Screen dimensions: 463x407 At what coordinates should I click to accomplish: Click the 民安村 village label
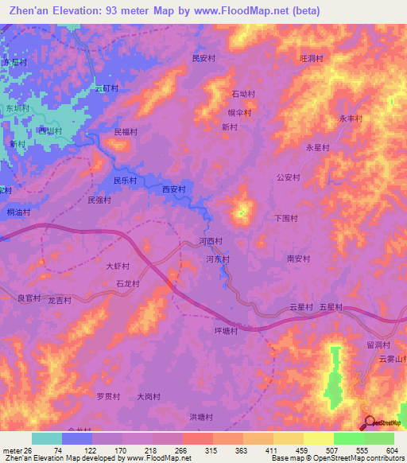point(204,58)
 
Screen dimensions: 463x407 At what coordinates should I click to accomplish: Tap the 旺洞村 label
point(309,58)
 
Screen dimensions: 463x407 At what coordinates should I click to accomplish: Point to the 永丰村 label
point(351,118)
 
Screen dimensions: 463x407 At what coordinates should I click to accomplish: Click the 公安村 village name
point(288,177)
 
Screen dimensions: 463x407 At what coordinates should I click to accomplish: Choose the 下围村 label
point(285,217)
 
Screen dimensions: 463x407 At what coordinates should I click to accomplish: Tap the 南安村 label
point(297,258)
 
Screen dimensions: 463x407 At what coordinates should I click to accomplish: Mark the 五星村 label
point(330,306)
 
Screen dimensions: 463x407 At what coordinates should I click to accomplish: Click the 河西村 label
point(211,240)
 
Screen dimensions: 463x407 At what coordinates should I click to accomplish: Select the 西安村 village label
point(173,189)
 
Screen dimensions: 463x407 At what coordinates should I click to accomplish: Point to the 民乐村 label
point(125,181)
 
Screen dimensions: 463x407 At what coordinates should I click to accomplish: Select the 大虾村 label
point(118,267)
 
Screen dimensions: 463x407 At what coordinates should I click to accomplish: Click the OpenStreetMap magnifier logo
point(370,422)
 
